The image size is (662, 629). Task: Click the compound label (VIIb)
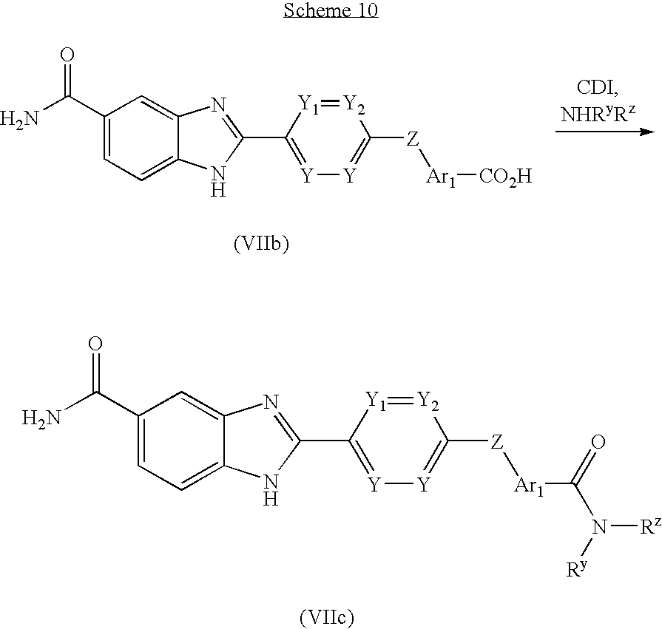(x=260, y=244)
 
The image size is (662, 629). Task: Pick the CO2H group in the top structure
(x=506, y=177)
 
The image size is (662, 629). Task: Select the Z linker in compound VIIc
(x=497, y=441)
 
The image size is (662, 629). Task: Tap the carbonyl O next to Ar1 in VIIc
(x=599, y=443)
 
